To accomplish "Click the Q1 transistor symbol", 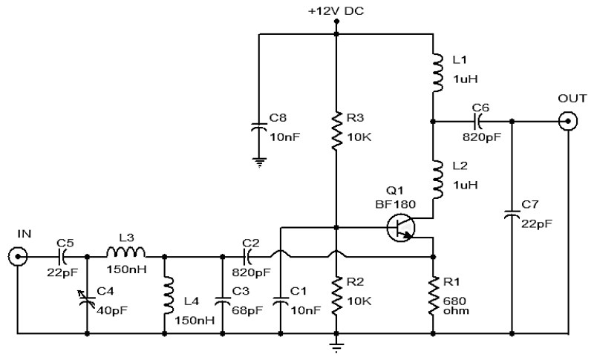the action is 401,228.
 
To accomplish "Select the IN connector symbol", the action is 17,257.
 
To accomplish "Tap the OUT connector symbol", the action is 568,122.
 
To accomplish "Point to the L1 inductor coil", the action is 437,73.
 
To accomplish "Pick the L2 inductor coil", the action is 437,179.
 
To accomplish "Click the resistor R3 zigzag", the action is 336,131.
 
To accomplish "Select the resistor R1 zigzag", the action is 434,295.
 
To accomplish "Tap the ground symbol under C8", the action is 259,163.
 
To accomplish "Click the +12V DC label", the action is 336,11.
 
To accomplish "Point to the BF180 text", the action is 395,204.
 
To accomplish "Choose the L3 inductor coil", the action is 125,252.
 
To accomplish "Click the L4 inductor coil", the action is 169,295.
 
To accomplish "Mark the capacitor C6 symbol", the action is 477,122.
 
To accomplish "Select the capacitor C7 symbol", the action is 512,215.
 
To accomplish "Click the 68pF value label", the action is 247,311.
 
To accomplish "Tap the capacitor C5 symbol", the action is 62,257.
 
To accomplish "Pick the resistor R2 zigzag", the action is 336,295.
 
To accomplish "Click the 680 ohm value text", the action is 456,306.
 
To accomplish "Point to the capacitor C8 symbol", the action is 259,127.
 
